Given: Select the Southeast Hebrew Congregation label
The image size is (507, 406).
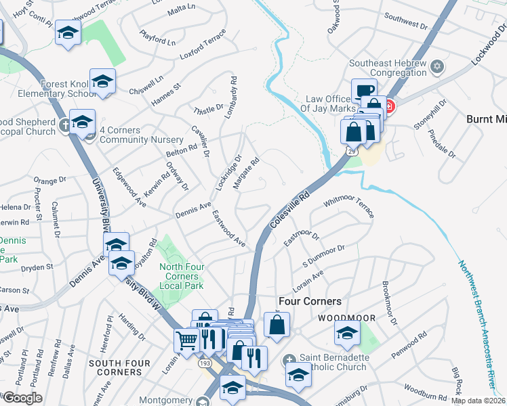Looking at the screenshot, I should point(387,69).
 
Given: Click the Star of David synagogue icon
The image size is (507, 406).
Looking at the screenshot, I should point(437,67).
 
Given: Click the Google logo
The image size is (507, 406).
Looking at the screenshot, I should point(22,397).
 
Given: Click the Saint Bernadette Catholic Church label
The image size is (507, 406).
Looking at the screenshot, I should point(333,363).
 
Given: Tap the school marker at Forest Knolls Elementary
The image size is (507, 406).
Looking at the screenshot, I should point(102,81).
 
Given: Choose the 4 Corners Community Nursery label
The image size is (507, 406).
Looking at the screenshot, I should point(142,135).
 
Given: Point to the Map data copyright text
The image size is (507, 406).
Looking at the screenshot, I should point(478,401).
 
